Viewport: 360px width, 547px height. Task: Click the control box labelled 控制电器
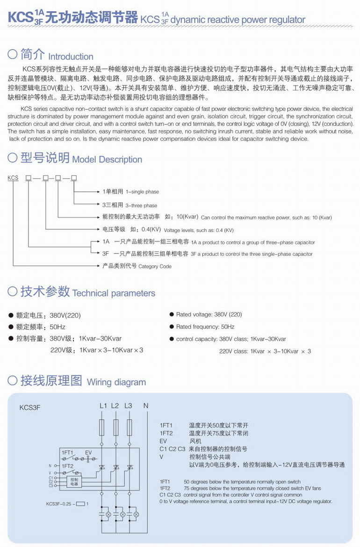[x=75, y=482]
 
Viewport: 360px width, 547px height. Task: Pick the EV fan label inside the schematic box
[x=88, y=453]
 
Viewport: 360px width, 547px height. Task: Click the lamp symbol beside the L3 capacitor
[x=137, y=514]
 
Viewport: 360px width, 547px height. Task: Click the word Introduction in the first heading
[x=71, y=57]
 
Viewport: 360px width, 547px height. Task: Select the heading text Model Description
[x=107, y=159]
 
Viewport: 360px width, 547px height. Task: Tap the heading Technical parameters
[x=114, y=293]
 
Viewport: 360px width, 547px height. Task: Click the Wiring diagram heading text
[x=116, y=382]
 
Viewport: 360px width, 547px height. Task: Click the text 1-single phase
[x=142, y=192]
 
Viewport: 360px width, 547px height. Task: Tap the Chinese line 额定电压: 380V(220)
[x=45, y=315]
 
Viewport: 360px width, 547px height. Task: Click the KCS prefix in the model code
[x=13, y=178]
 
